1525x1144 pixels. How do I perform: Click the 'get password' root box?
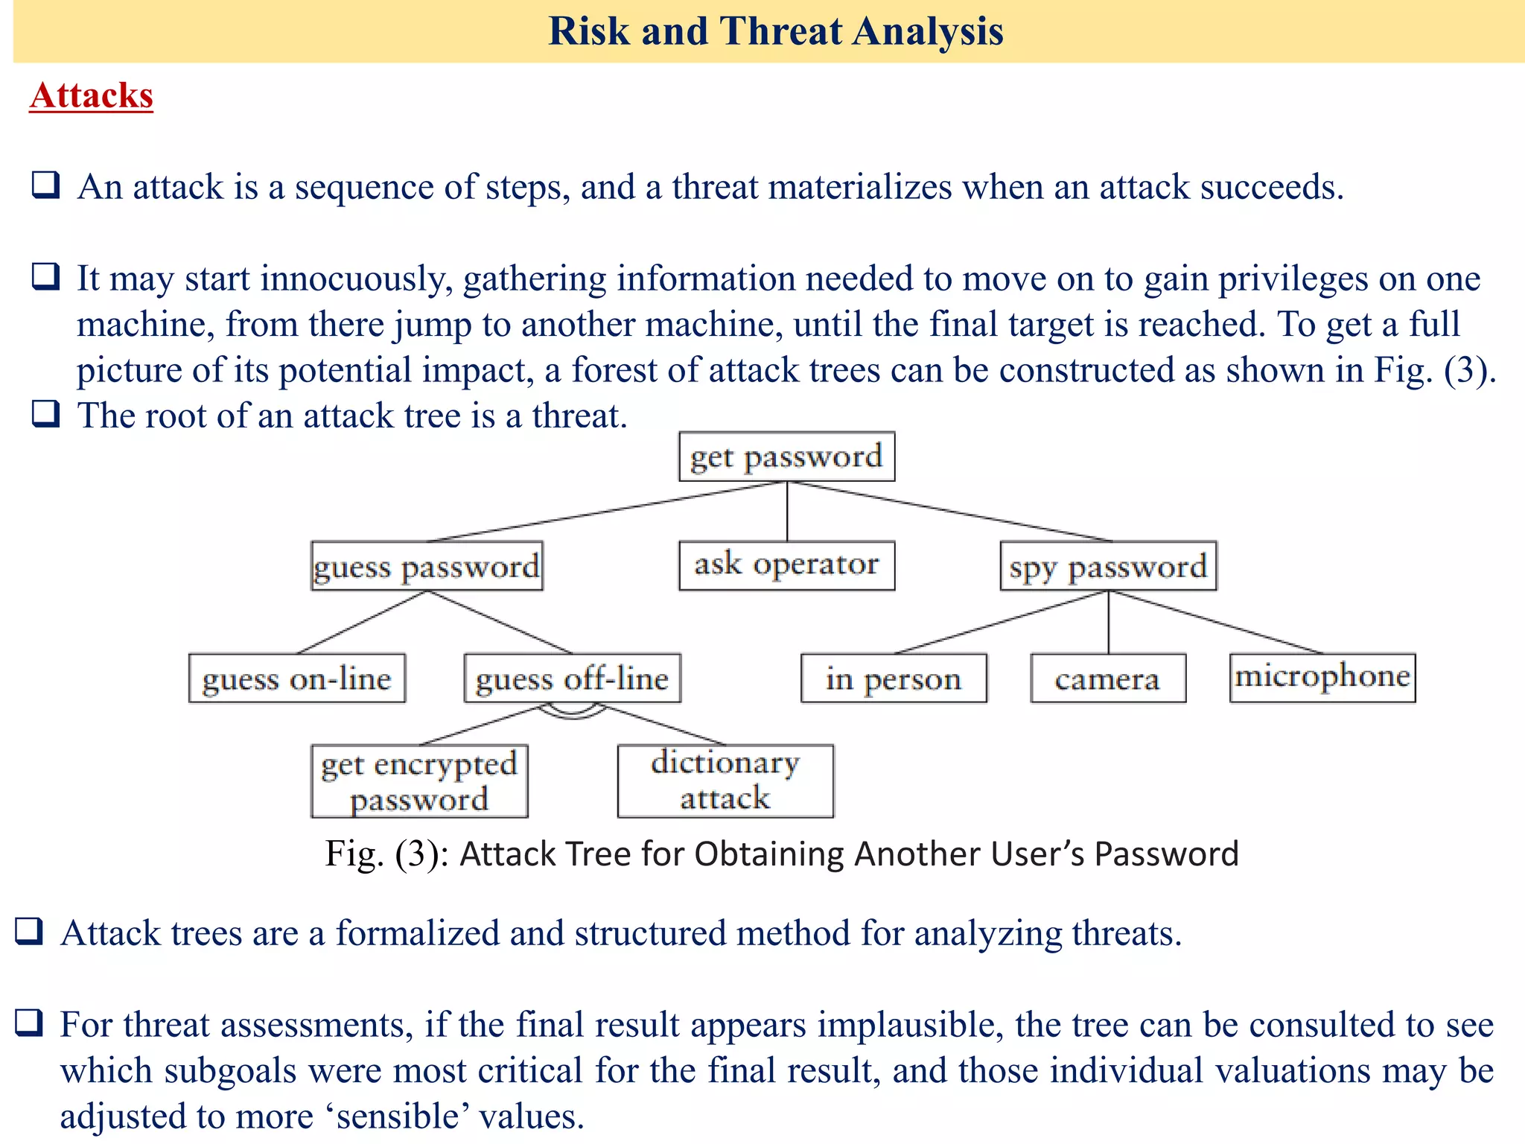click(786, 457)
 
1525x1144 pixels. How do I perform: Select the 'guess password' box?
click(427, 566)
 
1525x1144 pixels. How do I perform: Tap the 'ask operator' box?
click(786, 565)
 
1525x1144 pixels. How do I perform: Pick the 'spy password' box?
click(1108, 566)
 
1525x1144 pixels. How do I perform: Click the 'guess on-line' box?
click(297, 679)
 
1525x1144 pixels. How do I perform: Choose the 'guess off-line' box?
click(572, 679)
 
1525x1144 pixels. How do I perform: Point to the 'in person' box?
click(894, 679)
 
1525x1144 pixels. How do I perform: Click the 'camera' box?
click(1108, 679)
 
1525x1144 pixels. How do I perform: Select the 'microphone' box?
click(1322, 677)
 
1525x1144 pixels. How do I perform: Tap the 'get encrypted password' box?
click(419, 781)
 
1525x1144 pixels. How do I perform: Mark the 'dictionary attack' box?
click(725, 781)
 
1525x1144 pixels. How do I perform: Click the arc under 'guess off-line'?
click(572, 714)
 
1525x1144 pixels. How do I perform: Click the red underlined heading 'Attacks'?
click(92, 96)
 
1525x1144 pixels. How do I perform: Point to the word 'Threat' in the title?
click(780, 31)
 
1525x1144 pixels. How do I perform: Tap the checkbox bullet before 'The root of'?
click(45, 413)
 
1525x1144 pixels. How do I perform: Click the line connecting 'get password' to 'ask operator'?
click(787, 512)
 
